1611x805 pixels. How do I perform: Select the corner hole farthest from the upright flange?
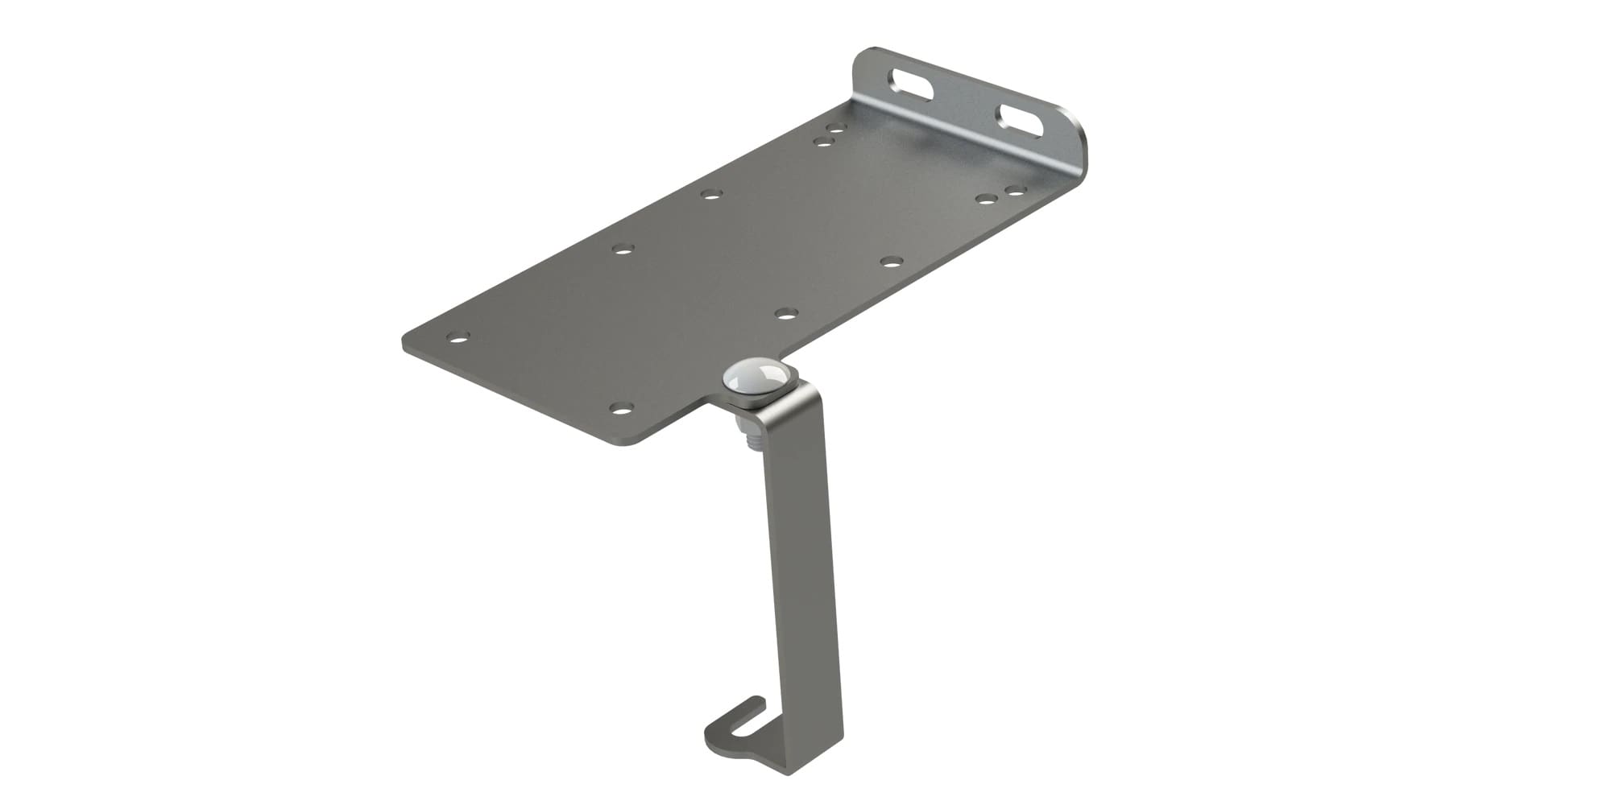(x=458, y=337)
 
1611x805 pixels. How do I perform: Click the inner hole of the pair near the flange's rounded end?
(x=985, y=199)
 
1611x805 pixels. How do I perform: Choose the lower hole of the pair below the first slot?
(x=823, y=142)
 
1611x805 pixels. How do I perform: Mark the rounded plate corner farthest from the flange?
(x=408, y=343)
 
